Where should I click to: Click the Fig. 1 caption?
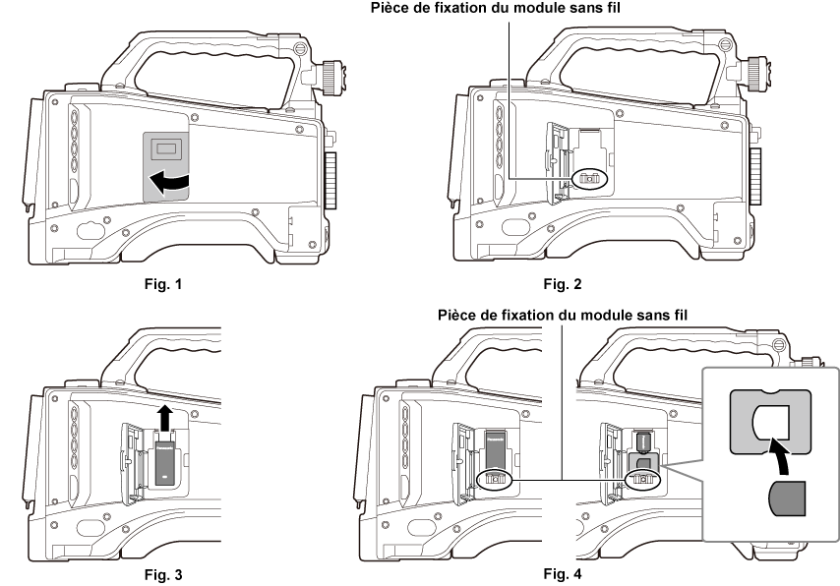pos(163,284)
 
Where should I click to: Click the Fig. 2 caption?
pos(563,284)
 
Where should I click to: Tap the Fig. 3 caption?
pos(163,575)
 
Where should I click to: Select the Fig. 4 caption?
pos(563,573)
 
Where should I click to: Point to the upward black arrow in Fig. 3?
pos(165,418)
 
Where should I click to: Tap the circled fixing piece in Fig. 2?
pos(590,178)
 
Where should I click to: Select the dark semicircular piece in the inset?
pos(788,498)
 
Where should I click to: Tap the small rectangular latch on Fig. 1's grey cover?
pos(166,149)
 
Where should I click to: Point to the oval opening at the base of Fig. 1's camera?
pos(90,231)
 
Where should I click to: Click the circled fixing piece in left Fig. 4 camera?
pos(495,479)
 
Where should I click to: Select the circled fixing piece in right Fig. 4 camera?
pos(643,479)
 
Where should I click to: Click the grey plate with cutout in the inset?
pos(770,422)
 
